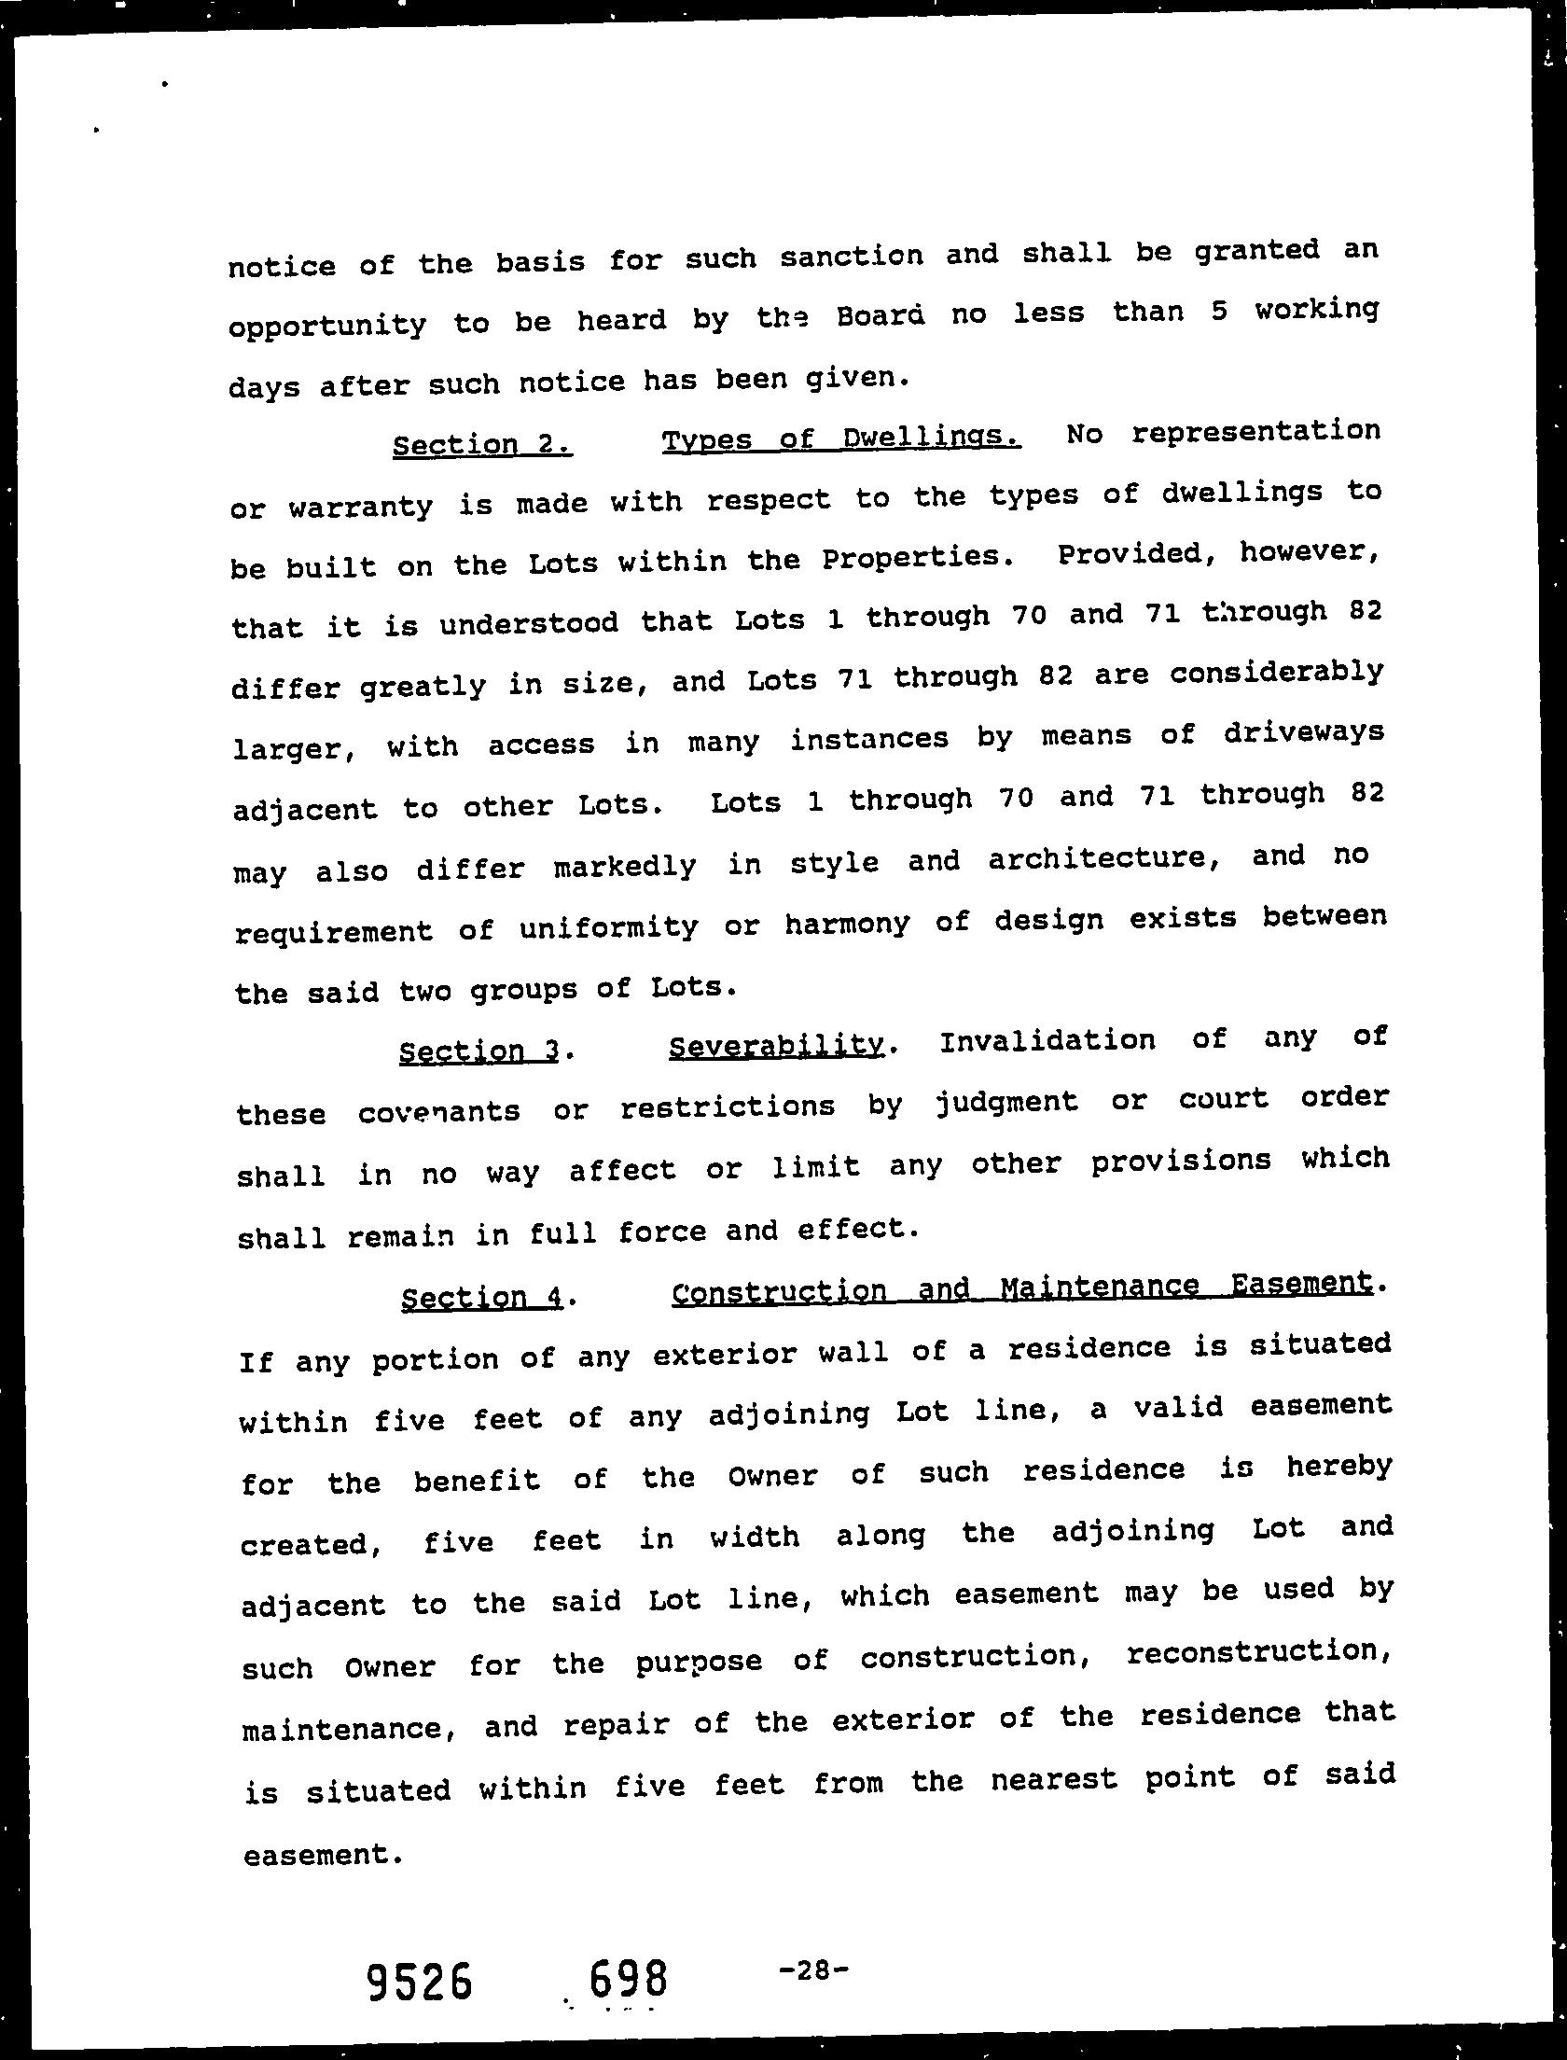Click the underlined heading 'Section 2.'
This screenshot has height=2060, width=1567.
pos(481,444)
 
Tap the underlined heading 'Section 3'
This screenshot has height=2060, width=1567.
pos(478,1051)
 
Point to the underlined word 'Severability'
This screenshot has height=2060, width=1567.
pos(775,1047)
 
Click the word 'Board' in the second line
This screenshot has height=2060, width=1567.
pos(880,316)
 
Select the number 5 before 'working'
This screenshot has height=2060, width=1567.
pos(1218,311)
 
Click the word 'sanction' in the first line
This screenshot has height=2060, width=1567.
pos(851,257)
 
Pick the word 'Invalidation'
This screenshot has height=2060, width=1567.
pos(1047,1040)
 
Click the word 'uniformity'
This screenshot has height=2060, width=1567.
pos(608,926)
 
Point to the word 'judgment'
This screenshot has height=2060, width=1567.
pos(1005,1103)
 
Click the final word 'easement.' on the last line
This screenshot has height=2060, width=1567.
pos(323,1855)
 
